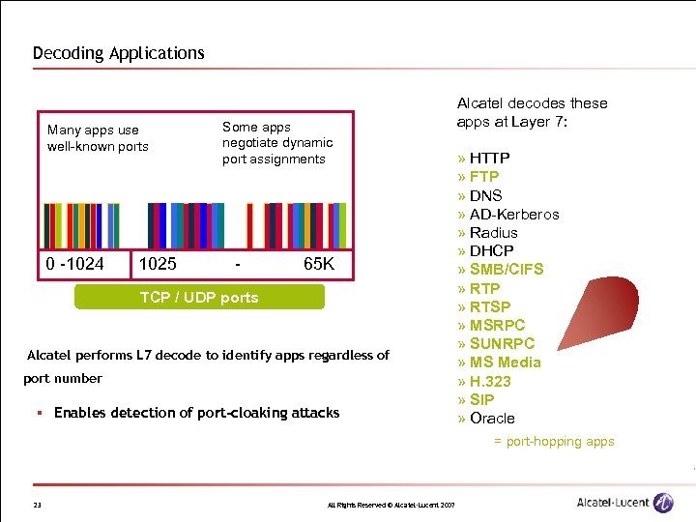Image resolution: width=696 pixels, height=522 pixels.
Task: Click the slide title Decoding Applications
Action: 119,53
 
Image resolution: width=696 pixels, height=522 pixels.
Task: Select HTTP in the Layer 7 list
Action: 489,158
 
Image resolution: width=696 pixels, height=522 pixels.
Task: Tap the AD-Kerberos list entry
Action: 513,214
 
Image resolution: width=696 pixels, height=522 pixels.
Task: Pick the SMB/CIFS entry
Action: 506,270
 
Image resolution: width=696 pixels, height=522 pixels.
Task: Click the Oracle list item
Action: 491,419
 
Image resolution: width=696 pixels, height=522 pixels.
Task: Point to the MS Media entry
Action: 505,362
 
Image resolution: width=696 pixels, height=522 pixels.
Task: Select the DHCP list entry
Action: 491,251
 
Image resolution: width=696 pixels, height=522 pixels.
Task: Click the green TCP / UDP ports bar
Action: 199,298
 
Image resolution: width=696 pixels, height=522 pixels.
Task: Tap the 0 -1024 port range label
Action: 74,263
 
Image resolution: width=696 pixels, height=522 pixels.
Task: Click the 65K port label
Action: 318,263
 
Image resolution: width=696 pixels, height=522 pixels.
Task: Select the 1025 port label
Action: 158,263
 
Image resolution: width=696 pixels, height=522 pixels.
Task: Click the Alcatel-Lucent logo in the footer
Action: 624,502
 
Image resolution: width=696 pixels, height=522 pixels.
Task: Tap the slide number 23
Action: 37,504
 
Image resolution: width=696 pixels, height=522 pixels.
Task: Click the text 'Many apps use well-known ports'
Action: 98,138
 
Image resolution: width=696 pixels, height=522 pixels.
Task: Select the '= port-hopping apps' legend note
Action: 553,442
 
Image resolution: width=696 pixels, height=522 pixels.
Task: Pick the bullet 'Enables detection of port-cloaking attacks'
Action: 196,413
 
